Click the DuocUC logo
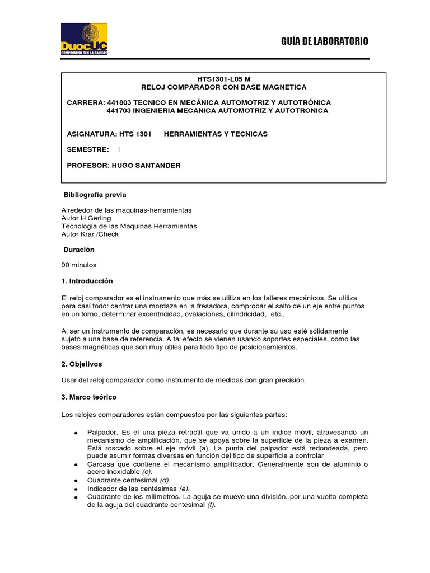(84, 39)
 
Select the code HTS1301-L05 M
(223, 79)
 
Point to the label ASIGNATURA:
(91, 134)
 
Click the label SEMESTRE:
(87, 149)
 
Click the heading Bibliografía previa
(95, 195)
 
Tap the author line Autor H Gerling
(86, 218)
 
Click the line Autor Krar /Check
(90, 234)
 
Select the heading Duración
(79, 250)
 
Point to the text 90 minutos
(79, 265)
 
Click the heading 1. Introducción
(87, 281)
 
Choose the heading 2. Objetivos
(82, 364)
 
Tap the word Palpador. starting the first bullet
(102, 433)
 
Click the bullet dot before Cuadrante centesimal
(75, 481)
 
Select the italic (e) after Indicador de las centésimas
(184, 489)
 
